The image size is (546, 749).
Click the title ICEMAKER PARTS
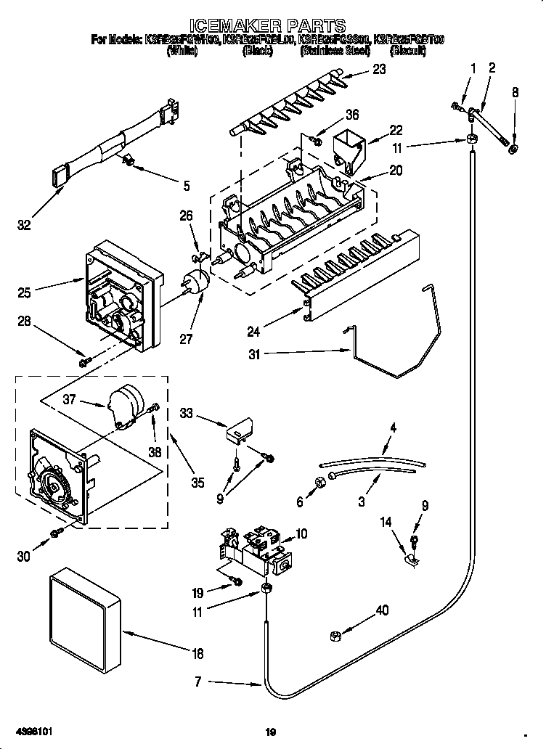[x=272, y=27]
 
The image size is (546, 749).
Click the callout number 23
[x=379, y=70]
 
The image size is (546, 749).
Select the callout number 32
[x=25, y=225]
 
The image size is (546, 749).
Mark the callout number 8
[x=516, y=92]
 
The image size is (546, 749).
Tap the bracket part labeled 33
[x=238, y=432]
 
